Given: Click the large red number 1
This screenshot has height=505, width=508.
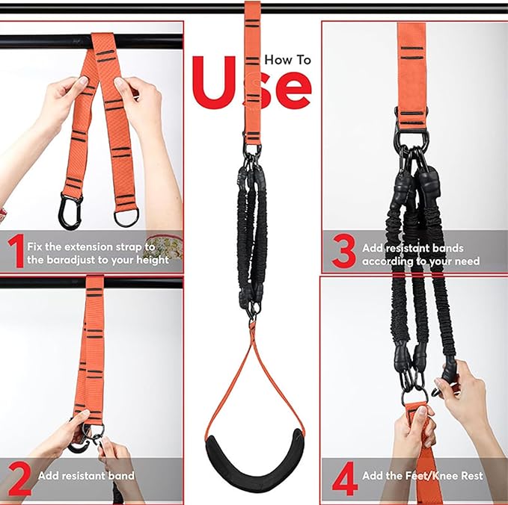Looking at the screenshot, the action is click(x=17, y=252).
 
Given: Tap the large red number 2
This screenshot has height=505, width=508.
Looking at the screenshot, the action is click(x=19, y=480).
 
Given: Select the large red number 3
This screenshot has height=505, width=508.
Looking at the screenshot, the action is click(x=343, y=251).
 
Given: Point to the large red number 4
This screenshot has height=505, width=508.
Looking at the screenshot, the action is click(x=345, y=480).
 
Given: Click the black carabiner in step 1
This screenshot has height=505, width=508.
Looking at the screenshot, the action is click(x=70, y=211).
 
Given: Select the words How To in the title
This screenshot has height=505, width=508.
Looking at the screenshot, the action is click(x=288, y=61).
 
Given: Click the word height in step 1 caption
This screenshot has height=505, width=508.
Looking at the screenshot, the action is click(x=153, y=261).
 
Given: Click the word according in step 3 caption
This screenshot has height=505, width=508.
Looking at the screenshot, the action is click(x=389, y=261).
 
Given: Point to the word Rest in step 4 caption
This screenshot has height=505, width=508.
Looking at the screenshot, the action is click(x=474, y=476).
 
